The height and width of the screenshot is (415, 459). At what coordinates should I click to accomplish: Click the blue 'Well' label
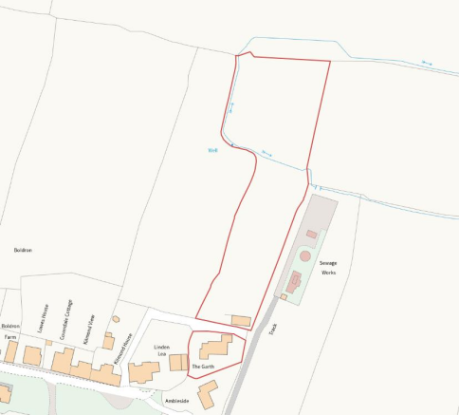[212, 149]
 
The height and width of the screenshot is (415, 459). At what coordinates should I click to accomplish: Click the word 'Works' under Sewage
[328, 273]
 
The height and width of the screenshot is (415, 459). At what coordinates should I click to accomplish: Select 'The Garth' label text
[203, 366]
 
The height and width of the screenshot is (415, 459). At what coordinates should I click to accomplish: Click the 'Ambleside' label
[176, 401]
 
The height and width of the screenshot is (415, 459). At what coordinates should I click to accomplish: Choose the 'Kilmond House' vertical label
[119, 349]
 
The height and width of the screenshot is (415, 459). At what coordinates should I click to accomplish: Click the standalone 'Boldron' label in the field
[23, 250]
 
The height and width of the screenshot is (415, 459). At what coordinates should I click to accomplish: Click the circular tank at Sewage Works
[303, 255]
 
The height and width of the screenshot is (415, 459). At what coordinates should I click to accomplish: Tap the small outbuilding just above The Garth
[242, 321]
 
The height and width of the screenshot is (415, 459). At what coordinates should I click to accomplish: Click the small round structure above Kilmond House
[116, 319]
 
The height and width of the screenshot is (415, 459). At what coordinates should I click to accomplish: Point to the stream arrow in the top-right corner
[426, 64]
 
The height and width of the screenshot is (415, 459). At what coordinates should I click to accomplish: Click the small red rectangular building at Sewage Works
[311, 234]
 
